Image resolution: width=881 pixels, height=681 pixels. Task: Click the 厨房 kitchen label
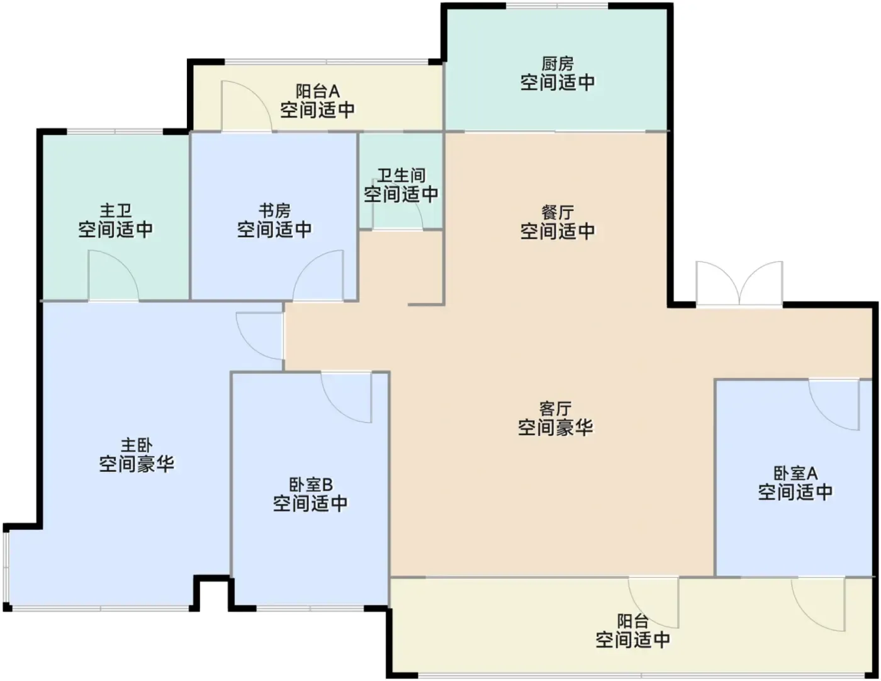(x=558, y=64)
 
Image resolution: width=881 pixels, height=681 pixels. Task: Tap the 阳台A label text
(x=317, y=91)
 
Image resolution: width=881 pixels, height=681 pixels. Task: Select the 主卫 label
(x=116, y=211)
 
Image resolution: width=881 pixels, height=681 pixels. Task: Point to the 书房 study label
(x=274, y=211)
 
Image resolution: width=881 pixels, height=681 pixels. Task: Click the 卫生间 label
(x=401, y=175)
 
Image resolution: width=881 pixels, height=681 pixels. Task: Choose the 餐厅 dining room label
(x=558, y=213)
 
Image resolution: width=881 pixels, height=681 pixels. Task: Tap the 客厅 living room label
(x=556, y=409)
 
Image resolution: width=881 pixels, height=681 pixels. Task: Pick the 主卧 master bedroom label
(x=137, y=445)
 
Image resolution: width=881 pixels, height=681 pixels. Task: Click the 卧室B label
(x=311, y=484)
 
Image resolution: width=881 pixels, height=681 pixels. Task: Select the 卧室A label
(x=795, y=473)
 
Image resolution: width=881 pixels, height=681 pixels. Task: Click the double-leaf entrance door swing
(x=739, y=283)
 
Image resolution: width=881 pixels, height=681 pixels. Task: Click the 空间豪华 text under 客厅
(x=556, y=428)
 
